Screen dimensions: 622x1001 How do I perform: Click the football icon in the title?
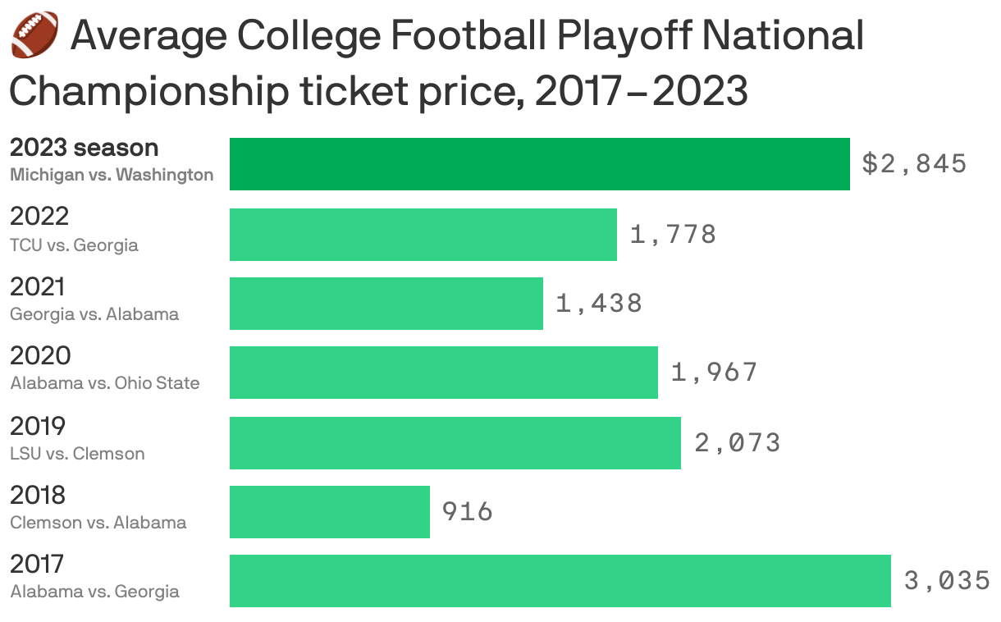coord(35,35)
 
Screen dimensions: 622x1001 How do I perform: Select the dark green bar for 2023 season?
coord(539,164)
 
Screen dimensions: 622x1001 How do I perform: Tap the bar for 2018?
coord(329,512)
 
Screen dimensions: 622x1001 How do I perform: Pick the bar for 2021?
coord(386,304)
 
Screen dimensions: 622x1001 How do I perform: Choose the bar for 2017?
coord(560,581)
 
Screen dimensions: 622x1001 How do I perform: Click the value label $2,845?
coord(914,164)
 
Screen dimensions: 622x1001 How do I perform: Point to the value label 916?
coord(468,512)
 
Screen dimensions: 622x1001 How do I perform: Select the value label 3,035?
coord(947,581)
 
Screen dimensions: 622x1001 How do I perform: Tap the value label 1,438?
coord(599,304)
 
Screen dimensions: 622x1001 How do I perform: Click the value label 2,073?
coord(737,443)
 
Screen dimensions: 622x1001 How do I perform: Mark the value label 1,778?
coord(673,235)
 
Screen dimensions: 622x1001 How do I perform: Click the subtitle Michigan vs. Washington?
coord(112,175)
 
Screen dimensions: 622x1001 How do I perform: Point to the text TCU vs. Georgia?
coord(74,245)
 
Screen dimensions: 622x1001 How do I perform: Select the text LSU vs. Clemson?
coord(77,453)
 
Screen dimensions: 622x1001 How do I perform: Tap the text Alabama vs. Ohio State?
coord(105,383)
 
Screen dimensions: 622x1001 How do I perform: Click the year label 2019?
coord(38,426)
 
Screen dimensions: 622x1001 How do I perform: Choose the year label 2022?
coord(39,217)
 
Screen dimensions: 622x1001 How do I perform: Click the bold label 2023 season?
coord(84,148)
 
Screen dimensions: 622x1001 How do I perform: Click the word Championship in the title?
coord(149,93)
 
